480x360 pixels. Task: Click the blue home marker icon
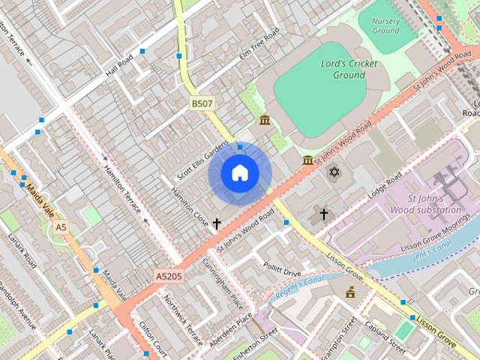tap(239, 173)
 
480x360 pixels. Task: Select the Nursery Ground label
tap(385, 26)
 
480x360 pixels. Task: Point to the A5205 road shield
tap(169, 276)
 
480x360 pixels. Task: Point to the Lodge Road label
tap(385, 184)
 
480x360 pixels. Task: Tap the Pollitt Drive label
tap(282, 271)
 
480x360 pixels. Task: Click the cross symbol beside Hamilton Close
tap(217, 223)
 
